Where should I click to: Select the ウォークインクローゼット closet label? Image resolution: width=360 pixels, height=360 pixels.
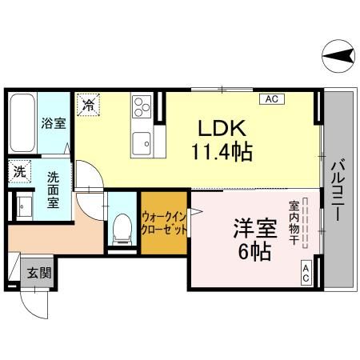click(164, 222)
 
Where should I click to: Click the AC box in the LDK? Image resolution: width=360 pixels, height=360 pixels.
click(271, 99)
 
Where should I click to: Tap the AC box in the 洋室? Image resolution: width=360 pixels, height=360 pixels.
click(306, 273)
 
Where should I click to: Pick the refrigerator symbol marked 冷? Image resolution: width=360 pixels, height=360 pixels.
click(87, 104)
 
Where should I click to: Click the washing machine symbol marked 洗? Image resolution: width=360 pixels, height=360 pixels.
click(18, 172)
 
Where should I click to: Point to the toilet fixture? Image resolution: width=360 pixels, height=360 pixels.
click(122, 227)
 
